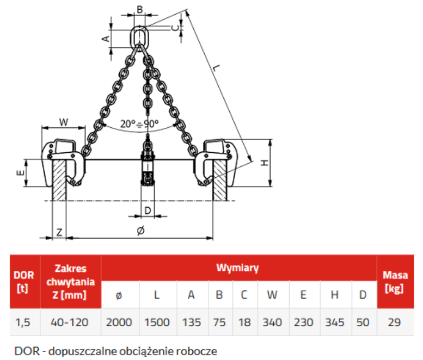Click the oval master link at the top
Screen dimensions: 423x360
pos(134,36)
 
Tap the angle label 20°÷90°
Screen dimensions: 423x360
pos(139,124)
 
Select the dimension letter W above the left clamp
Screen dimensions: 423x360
pos(64,122)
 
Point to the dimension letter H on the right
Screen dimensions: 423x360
pos(265,163)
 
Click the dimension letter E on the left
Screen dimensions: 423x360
pos(21,173)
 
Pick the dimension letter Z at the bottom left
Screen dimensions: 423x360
pos(59,232)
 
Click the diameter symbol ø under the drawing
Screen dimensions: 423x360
pos(140,231)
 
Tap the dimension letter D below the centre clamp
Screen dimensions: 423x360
pos(148,210)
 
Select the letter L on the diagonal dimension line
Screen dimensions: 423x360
pos(216,67)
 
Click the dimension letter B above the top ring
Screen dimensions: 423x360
pos(140,9)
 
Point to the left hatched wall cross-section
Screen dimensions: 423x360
pos(59,180)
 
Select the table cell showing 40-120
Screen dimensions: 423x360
pos(71,322)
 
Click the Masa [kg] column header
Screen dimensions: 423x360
pos(395,282)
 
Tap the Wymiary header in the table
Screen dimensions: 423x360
pos(238,268)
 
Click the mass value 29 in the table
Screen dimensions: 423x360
pos(394,322)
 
